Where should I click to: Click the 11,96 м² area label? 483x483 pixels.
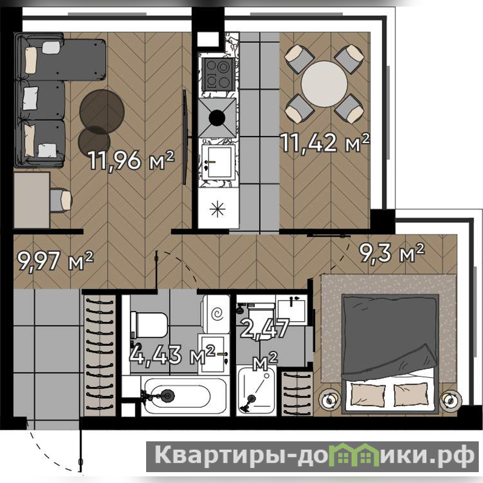[132, 160]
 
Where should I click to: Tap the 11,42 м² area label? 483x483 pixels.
[325, 142]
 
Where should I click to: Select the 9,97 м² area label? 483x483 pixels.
[55, 261]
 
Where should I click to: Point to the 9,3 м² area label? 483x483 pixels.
[392, 252]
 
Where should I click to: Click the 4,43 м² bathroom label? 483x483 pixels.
[172, 354]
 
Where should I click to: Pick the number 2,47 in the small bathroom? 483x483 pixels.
[265, 328]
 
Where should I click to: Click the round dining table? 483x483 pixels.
[324, 84]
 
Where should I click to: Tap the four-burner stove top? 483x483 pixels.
[217, 74]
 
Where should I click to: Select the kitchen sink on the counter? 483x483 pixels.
[217, 162]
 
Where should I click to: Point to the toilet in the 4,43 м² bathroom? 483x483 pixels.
[149, 325]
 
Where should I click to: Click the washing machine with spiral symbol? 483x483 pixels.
[216, 314]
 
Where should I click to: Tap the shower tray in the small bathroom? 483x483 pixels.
[257, 390]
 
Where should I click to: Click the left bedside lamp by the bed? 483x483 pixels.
[330, 400]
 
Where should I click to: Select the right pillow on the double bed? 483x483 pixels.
[411, 394]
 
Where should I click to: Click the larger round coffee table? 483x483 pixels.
[102, 112]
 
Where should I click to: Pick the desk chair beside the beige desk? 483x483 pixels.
[61, 200]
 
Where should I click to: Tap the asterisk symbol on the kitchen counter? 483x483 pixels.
[217, 209]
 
